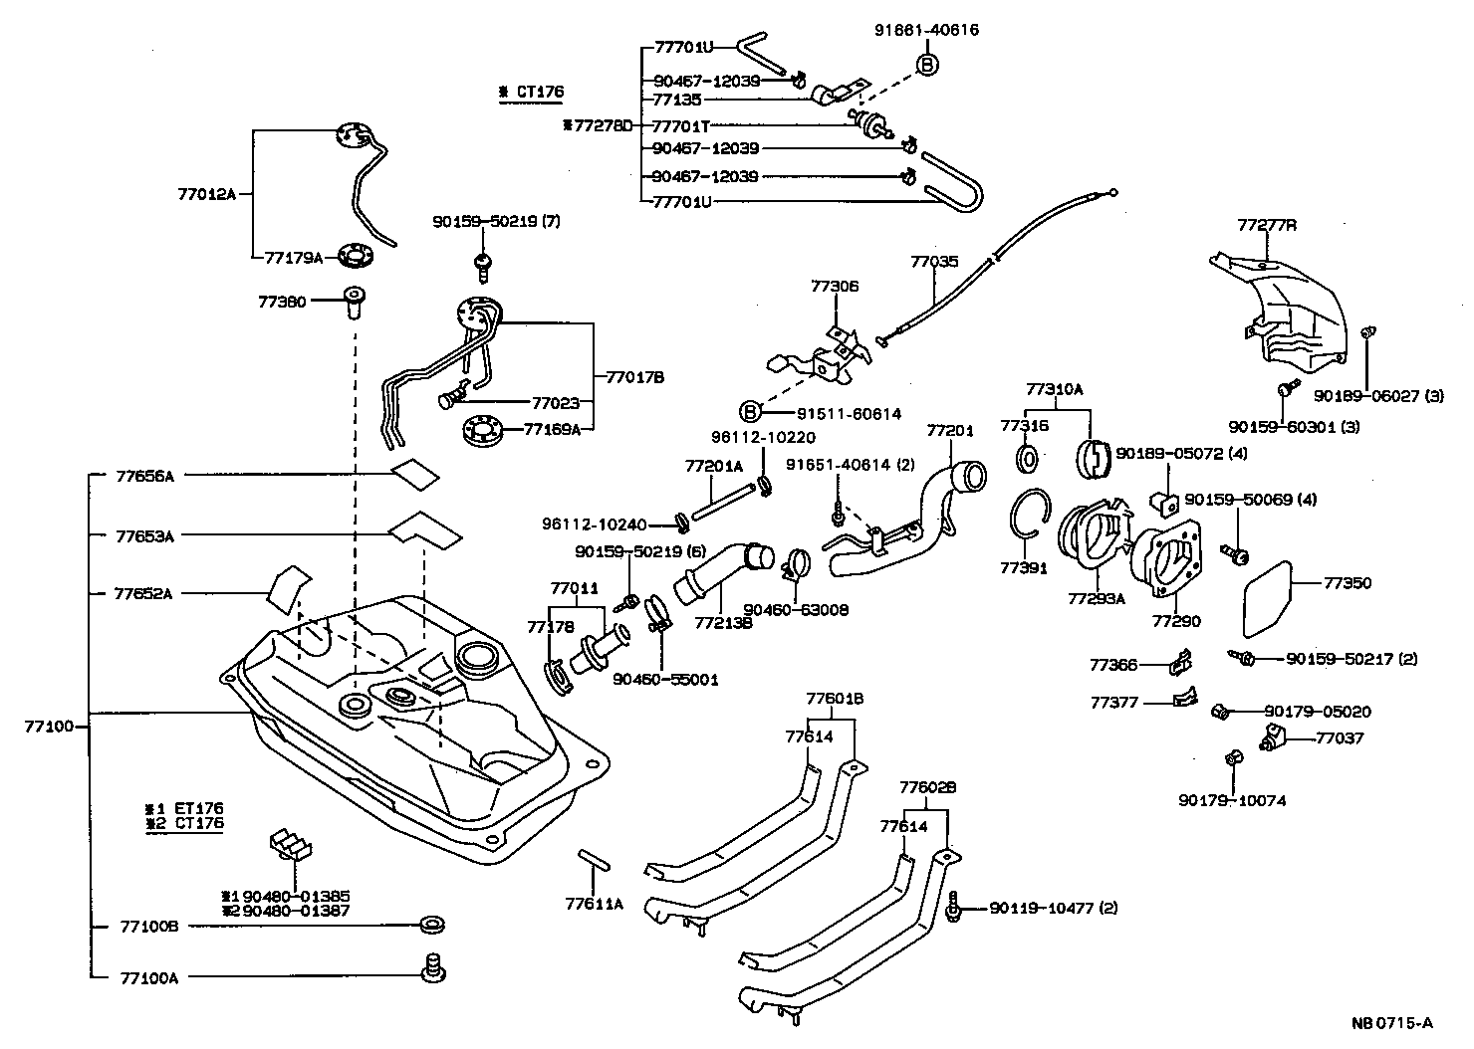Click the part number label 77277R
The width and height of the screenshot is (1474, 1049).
click(x=1267, y=225)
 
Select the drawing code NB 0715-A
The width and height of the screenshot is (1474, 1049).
click(x=1392, y=1022)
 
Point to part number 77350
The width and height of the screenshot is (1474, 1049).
click(x=1348, y=582)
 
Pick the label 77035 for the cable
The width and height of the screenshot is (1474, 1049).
click(x=934, y=262)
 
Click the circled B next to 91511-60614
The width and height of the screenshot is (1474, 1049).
click(x=751, y=411)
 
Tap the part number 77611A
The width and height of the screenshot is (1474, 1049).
click(x=594, y=904)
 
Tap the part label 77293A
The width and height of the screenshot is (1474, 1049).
click(x=1096, y=599)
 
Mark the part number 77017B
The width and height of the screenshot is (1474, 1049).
click(x=634, y=377)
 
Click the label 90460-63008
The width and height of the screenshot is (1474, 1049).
click(x=796, y=610)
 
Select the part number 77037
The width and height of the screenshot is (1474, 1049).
click(x=1340, y=738)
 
